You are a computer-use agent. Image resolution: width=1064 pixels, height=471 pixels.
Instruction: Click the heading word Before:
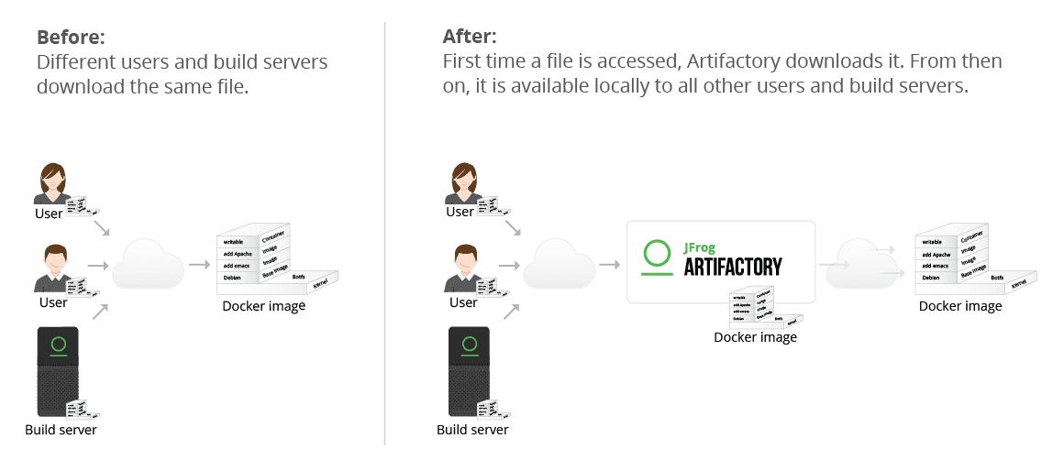click(71, 38)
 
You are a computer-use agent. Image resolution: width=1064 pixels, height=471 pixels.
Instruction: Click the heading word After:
click(470, 38)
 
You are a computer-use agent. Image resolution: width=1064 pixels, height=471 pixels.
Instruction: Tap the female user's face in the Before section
click(51, 180)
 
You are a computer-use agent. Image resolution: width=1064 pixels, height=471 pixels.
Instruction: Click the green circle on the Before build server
click(59, 345)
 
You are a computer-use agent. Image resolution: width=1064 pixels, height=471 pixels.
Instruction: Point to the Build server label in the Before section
click(61, 430)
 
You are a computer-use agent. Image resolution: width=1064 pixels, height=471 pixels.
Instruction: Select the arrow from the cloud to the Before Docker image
click(198, 265)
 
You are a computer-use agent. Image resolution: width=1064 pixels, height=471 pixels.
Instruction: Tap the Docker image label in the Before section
click(264, 306)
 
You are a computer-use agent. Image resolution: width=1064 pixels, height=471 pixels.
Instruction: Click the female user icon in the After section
click(463, 182)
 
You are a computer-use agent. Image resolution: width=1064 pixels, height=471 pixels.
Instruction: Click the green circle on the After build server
click(471, 345)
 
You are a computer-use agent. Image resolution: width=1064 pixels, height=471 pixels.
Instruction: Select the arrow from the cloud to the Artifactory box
click(608, 265)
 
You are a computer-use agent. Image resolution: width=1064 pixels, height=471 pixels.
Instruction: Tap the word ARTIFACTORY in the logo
click(733, 267)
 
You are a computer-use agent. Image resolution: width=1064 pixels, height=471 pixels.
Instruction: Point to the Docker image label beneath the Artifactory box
click(756, 337)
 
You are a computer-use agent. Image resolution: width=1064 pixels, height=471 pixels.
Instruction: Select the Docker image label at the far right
click(960, 306)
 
